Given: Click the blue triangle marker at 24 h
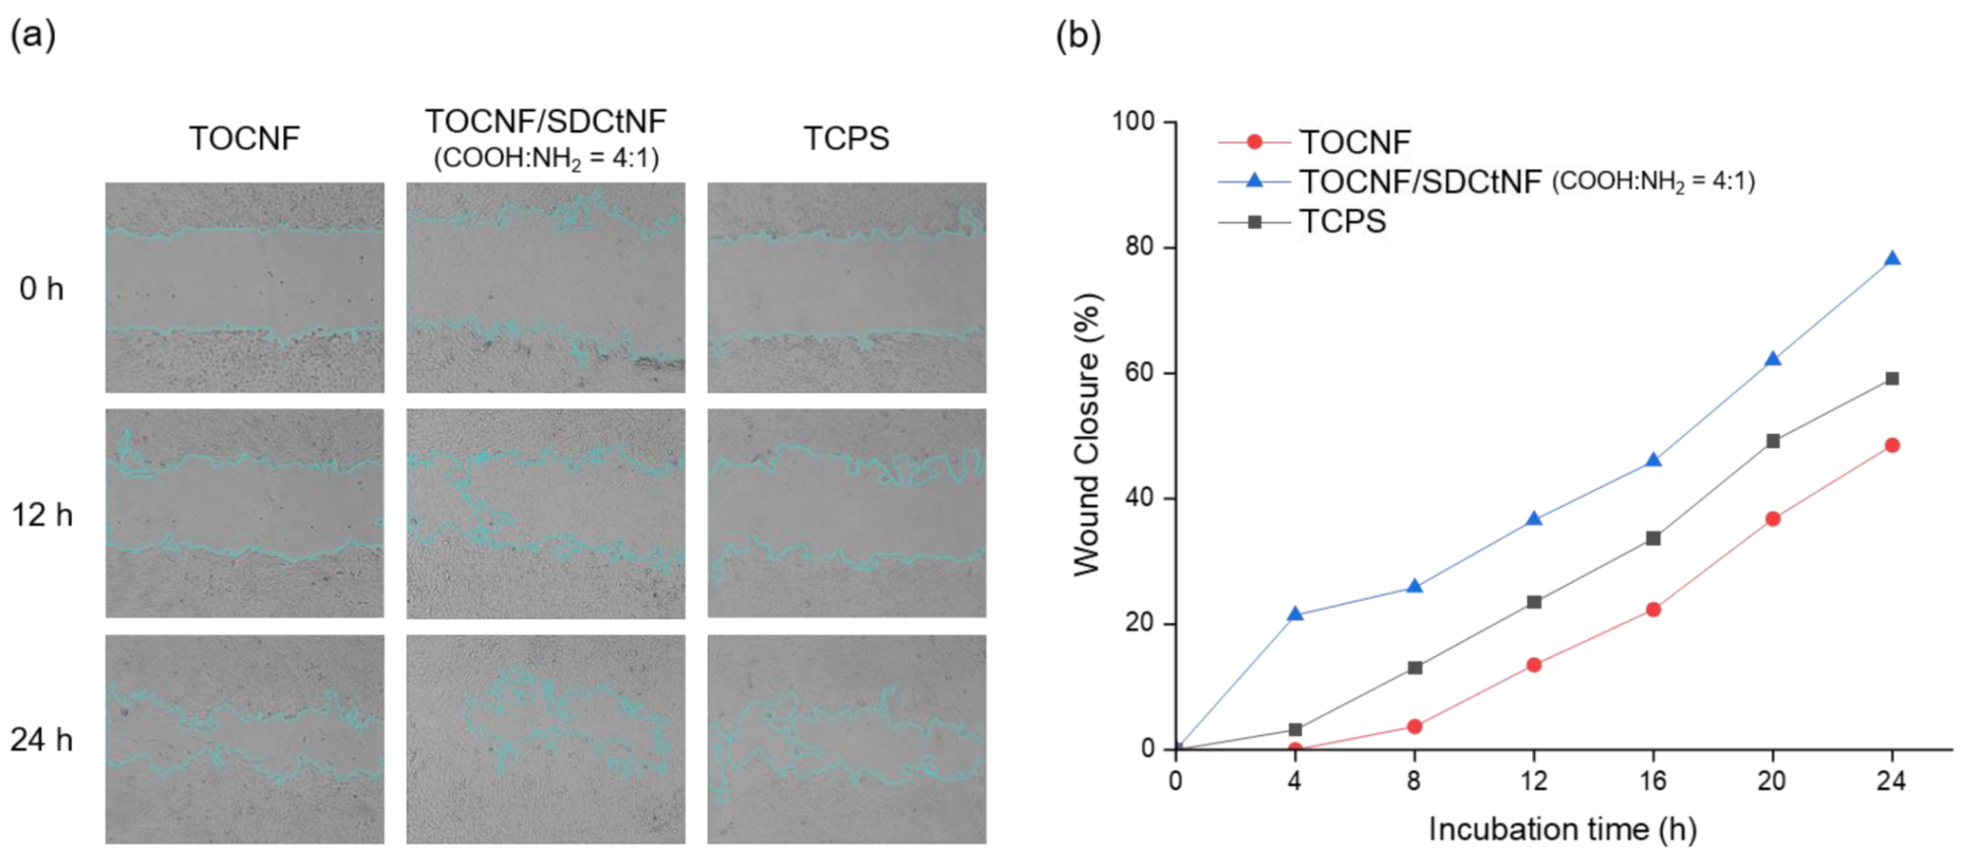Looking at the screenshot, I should pyautogui.click(x=1891, y=259).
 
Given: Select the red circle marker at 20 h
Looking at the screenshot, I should pyautogui.click(x=1772, y=519).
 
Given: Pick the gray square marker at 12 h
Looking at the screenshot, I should pyautogui.click(x=1533, y=602).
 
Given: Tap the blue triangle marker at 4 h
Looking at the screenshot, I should pyautogui.click(x=1294, y=614).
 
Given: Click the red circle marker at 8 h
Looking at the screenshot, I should pyautogui.click(x=1414, y=726).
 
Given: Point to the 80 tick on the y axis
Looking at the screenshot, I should pyautogui.click(x=1139, y=247).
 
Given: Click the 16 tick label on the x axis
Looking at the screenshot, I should pyautogui.click(x=1652, y=781).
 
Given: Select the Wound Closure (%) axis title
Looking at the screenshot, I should pyautogui.click(x=1087, y=434).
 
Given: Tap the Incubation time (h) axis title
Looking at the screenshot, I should pyautogui.click(x=1562, y=830).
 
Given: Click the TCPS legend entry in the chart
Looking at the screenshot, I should pyautogui.click(x=1342, y=222).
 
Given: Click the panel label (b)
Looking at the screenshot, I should pyautogui.click(x=1078, y=36).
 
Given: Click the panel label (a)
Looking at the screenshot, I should pyautogui.click(x=33, y=36).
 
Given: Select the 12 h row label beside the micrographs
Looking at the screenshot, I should pyautogui.click(x=42, y=515).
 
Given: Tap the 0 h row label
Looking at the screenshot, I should pyautogui.click(x=41, y=289).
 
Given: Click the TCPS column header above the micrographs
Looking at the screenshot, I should pyautogui.click(x=845, y=138).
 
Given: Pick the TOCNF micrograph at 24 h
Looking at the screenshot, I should pyautogui.click(x=245, y=739).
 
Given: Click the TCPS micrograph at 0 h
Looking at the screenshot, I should pyautogui.click(x=845, y=287).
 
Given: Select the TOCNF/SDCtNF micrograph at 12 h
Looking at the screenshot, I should pyautogui.click(x=545, y=514).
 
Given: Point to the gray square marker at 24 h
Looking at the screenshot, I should pyautogui.click(x=1891, y=379).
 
